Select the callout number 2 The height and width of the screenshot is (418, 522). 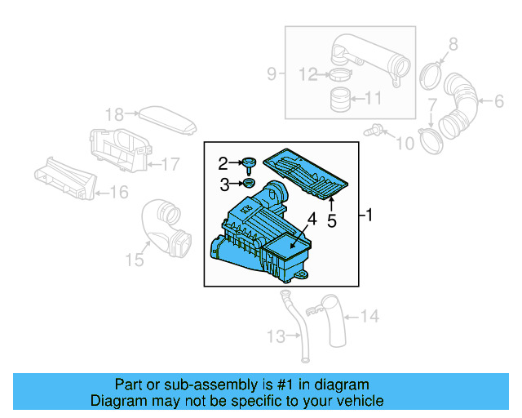click(223, 162)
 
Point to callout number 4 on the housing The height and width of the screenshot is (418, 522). click(311, 219)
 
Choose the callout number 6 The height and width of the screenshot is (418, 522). click(499, 101)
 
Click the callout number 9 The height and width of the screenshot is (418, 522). click(272, 75)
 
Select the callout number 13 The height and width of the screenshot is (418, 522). click(273, 336)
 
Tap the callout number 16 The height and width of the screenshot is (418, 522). click(119, 193)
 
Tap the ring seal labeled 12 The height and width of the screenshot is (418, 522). click(339, 76)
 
